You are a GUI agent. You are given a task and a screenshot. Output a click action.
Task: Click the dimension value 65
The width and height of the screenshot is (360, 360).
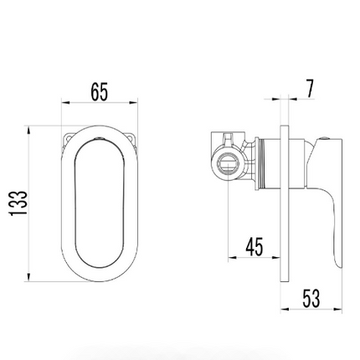[99, 91]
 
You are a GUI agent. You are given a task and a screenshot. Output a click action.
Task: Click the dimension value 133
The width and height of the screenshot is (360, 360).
[18, 203]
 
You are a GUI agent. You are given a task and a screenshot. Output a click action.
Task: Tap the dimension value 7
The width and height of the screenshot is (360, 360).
[310, 89]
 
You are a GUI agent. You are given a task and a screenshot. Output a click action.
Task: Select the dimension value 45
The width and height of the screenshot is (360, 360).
[255, 247]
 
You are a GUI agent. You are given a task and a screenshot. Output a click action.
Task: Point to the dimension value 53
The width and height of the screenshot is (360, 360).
[311, 298]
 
